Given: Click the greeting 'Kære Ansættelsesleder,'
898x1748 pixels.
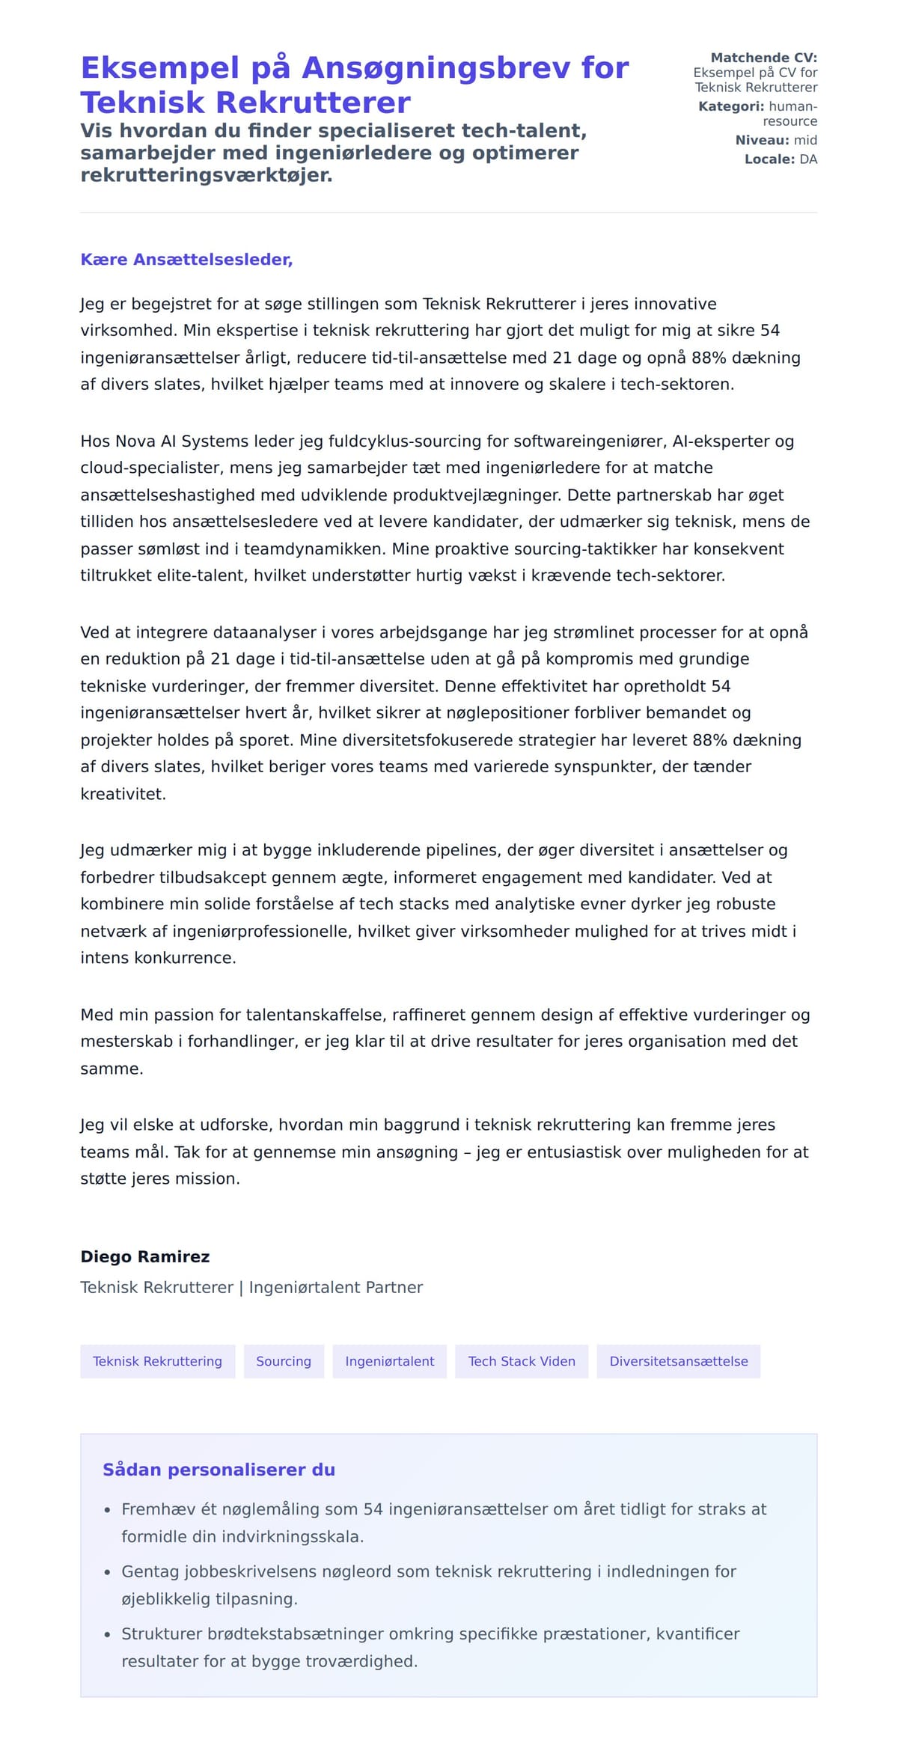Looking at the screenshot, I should point(186,260).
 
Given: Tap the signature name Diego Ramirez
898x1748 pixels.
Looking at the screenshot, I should point(145,1256).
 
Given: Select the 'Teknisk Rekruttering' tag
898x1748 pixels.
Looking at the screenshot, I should point(157,1361).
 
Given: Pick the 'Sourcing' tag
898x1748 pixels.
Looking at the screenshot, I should point(284,1361).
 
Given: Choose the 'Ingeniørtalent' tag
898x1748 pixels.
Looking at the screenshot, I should point(389,1361).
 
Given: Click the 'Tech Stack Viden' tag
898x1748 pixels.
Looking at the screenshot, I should point(522,1361).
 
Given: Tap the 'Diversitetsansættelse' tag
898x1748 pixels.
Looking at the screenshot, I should point(678,1361).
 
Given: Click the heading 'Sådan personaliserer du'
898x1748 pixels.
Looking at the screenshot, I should point(219,1470).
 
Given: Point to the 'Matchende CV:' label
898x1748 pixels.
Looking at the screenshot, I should point(763,58).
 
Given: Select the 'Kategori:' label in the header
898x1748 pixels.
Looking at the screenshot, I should point(731,106).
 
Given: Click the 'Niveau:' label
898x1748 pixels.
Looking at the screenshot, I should point(762,140).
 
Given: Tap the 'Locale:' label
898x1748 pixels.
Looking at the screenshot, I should point(769,159).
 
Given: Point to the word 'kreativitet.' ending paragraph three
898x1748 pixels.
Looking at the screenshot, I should point(123,794).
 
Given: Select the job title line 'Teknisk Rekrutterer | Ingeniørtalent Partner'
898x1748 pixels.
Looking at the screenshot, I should point(251,1287).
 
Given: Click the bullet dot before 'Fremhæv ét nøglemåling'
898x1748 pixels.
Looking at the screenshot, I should point(108,1510).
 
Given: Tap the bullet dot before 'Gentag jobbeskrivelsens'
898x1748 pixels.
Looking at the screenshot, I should point(108,1572).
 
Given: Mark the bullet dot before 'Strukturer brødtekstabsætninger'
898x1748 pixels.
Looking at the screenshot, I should point(108,1634).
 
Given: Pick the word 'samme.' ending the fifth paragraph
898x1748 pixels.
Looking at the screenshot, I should point(112,1069).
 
